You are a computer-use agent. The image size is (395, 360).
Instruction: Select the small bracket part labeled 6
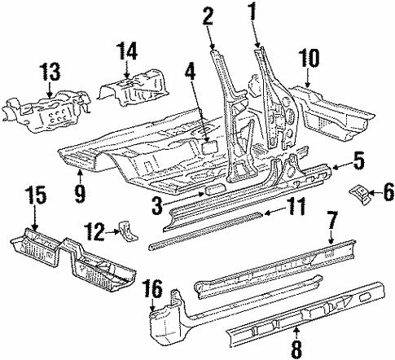pos(359,194)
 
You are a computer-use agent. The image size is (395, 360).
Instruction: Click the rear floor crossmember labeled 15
pos(69,261)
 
